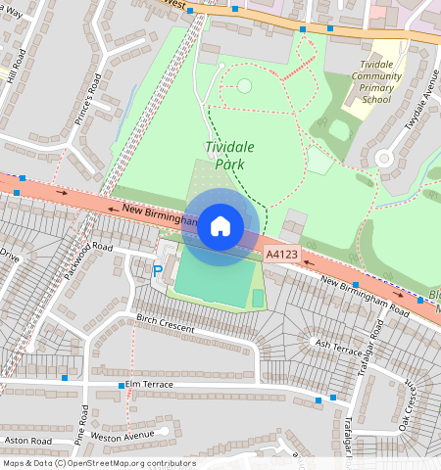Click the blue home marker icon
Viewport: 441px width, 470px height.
pos(220,226)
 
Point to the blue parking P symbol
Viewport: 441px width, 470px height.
pos(158,270)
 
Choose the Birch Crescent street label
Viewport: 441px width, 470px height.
pos(165,325)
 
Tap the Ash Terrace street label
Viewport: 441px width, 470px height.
pos(338,345)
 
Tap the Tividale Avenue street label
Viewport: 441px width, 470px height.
pos(418,113)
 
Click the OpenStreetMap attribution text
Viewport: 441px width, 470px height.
pos(98,463)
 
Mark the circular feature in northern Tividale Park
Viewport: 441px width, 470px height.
pos(243,86)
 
